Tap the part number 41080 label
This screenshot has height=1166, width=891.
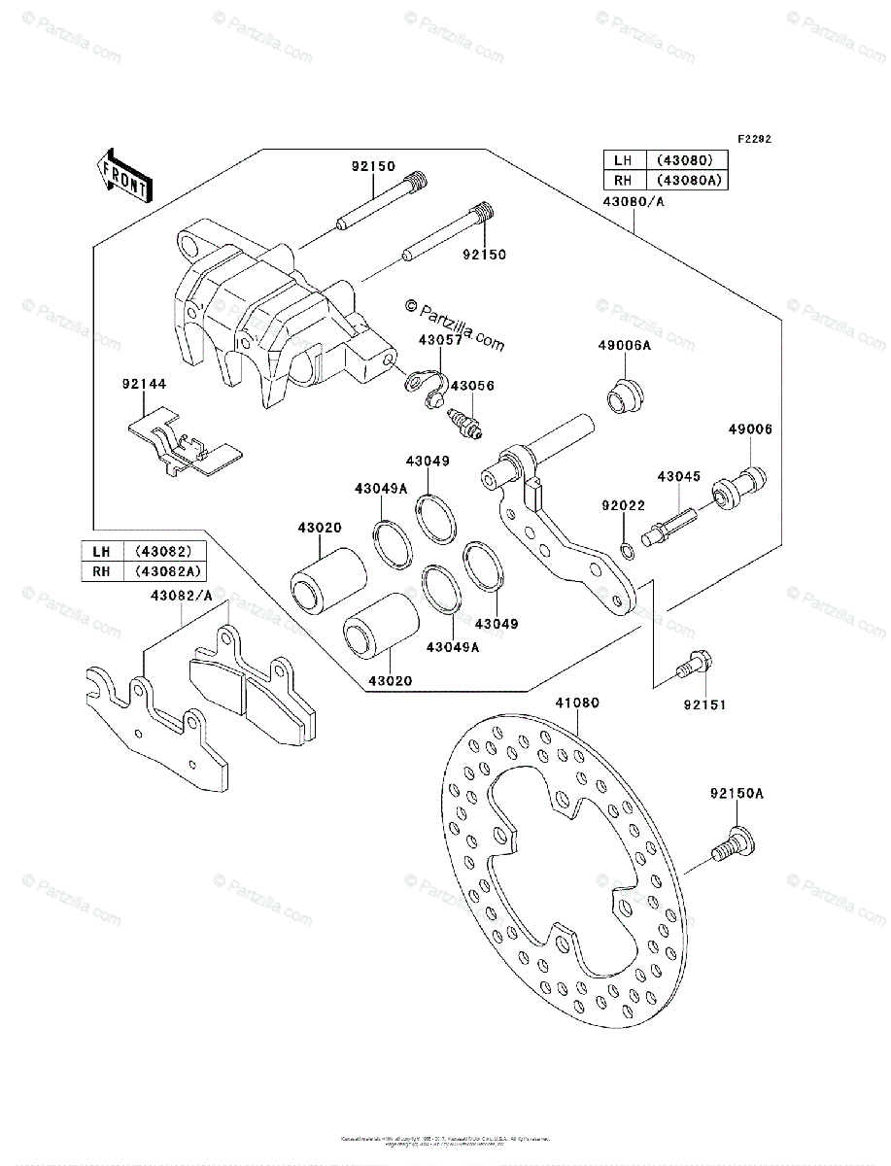pyautogui.click(x=577, y=703)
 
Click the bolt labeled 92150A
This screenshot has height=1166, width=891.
pyautogui.click(x=731, y=841)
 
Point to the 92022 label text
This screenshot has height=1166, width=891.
pyautogui.click(x=622, y=505)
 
